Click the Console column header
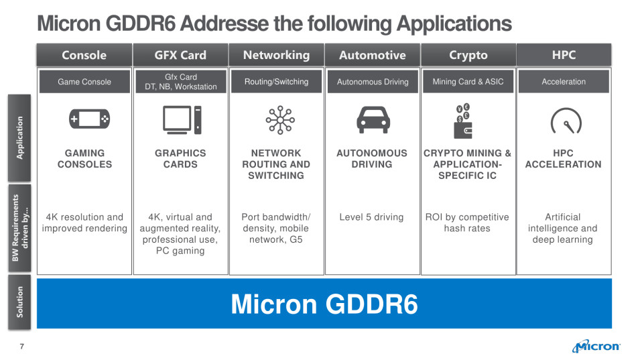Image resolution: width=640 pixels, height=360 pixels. pos(84,55)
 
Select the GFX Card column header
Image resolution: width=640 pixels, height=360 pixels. pos(180,55)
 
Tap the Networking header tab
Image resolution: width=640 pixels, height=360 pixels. pos(276,55)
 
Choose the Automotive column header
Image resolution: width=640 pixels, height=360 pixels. pos(372,55)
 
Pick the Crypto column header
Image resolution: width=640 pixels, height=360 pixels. pos(468,55)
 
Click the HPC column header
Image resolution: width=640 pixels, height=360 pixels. pos(564,55)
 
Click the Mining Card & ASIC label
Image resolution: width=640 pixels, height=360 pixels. pos(468,82)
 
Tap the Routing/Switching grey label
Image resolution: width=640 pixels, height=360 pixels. pos(276,82)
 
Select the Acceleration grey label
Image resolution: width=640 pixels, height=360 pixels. pos(564,82)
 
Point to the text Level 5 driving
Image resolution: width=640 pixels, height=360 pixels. pos(372,217)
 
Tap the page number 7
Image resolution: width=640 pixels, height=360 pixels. pos(21,346)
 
